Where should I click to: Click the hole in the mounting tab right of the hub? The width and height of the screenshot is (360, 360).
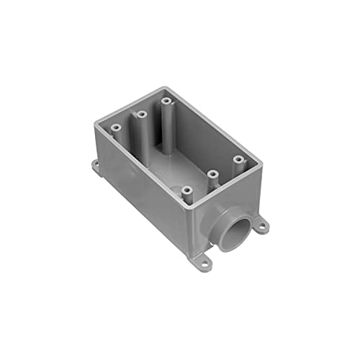coord(263,226)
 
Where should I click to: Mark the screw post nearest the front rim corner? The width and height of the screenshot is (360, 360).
coord(187,191)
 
